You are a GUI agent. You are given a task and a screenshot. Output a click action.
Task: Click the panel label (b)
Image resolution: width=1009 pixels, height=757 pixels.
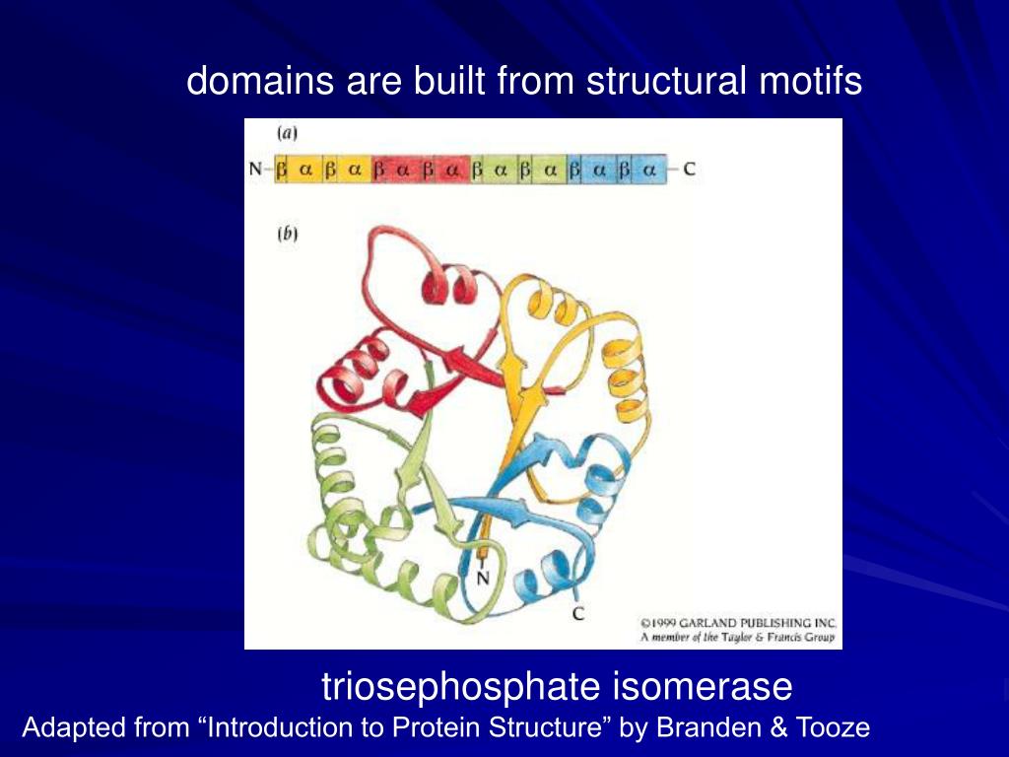tap(287, 235)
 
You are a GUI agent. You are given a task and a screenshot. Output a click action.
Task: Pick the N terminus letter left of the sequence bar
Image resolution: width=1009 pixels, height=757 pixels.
tap(256, 170)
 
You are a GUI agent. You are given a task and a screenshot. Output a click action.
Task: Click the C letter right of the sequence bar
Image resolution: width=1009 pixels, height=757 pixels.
tap(688, 169)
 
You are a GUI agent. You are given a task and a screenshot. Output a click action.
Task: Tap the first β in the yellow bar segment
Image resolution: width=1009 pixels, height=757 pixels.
tap(282, 170)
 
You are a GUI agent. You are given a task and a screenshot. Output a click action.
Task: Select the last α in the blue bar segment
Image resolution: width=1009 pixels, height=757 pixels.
tap(648, 170)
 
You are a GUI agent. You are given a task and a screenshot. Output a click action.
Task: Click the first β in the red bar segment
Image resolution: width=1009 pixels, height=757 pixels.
tap(378, 170)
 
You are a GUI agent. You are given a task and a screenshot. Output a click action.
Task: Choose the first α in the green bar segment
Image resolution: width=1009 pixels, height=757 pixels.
tap(501, 170)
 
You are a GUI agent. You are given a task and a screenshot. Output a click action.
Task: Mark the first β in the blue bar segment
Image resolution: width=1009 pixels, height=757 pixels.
tap(574, 170)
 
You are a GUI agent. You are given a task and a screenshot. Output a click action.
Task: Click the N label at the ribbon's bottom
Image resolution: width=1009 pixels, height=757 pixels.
tap(483, 578)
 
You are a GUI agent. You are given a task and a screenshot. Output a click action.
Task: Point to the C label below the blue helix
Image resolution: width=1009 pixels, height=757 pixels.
tap(577, 614)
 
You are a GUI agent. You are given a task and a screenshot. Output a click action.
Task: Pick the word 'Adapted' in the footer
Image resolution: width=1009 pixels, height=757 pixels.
tap(65, 729)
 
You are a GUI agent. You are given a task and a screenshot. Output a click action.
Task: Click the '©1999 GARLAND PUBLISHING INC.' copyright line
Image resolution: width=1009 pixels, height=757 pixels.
tap(738, 623)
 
